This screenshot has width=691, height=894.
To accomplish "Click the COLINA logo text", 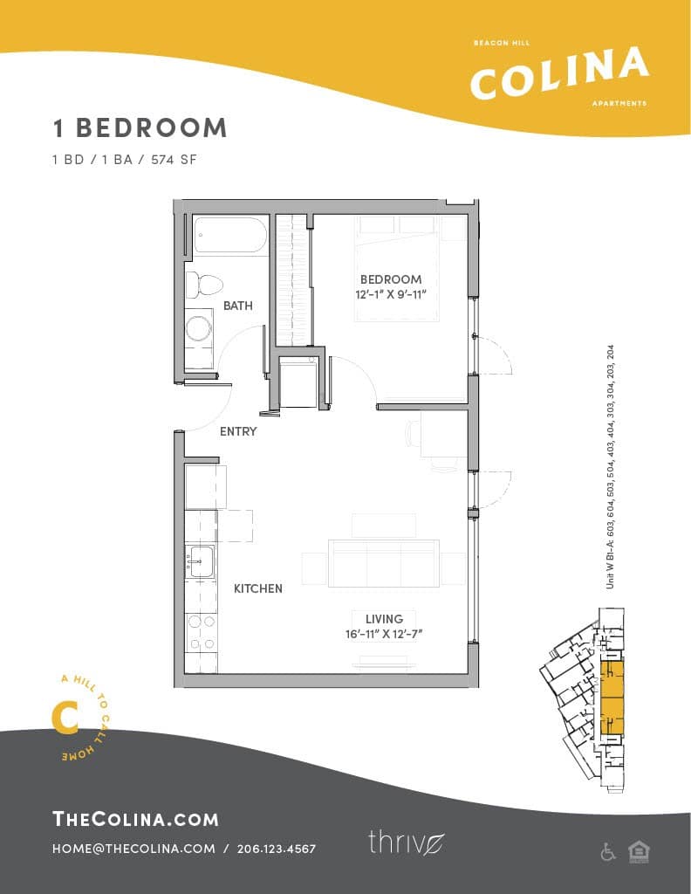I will (559, 73).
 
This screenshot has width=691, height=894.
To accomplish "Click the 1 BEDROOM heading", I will (140, 127).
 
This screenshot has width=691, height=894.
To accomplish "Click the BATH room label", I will (238, 306).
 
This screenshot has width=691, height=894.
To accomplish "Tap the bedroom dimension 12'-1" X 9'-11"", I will (391, 294).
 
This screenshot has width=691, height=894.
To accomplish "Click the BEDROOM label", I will (391, 279).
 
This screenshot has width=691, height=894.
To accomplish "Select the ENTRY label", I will (238, 431).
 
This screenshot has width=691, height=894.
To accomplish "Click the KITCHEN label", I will (257, 588).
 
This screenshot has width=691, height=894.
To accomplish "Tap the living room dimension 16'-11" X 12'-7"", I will (383, 634).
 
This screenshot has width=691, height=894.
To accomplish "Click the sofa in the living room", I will (383, 563).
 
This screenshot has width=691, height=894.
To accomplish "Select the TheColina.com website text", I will (135, 818).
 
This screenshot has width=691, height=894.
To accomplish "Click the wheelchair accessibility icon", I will (608, 852).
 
